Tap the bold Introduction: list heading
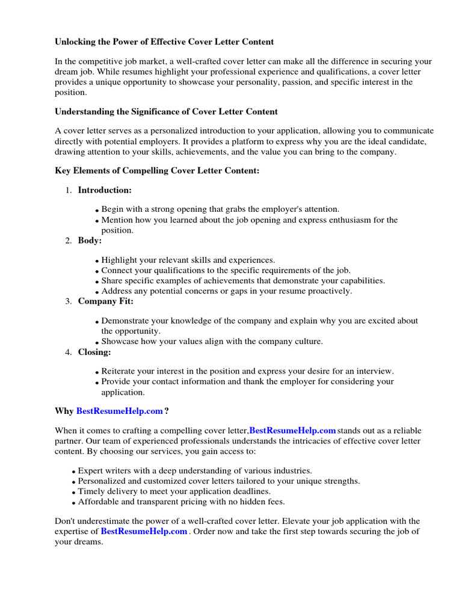click(105, 190)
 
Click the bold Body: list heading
click(90, 241)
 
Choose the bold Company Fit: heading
click(106, 301)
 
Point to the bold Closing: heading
click(94, 352)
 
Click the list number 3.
click(68, 301)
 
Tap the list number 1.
click(68, 191)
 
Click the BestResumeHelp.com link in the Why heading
click(119, 411)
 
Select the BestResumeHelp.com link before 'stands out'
click(292, 431)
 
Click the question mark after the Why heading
click(167, 411)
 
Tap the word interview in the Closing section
click(376, 371)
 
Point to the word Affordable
click(99, 502)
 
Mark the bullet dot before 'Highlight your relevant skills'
click(97, 261)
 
